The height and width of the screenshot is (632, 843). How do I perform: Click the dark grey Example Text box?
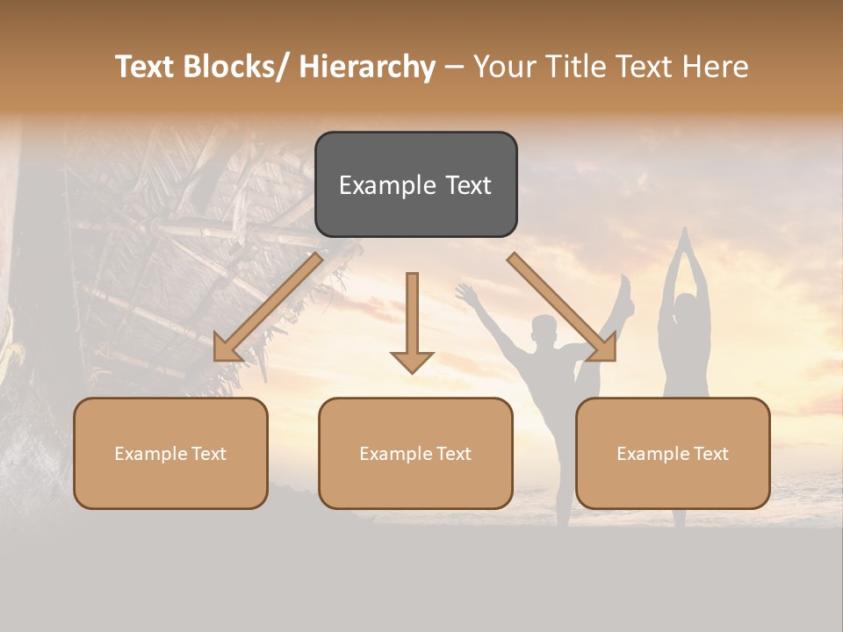415,184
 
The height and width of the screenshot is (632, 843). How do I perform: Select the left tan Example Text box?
170,453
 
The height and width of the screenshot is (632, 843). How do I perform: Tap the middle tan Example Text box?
415,453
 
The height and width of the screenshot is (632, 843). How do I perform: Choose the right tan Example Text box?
673,453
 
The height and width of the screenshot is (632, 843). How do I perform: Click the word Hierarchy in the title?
367,67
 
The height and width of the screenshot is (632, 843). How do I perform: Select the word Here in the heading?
717,67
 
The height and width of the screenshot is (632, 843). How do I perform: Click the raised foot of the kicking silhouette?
625,286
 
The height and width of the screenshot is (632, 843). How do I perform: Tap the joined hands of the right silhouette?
681,237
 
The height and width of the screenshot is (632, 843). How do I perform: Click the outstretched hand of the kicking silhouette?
463,292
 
